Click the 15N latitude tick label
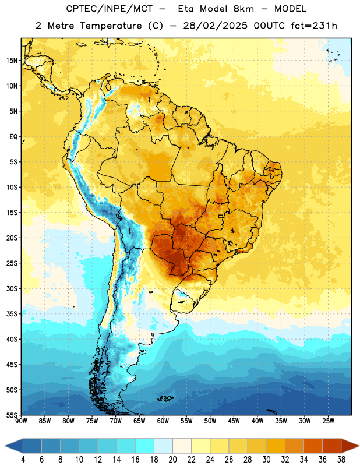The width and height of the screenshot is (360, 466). click(12, 61)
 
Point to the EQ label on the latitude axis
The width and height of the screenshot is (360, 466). click(13, 137)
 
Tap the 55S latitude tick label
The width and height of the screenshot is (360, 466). click(12, 415)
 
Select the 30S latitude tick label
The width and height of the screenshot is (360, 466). click(12, 288)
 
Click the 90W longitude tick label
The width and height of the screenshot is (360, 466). click(22, 421)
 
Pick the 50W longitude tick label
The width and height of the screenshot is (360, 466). click(210, 421)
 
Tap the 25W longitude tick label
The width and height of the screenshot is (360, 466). click(328, 421)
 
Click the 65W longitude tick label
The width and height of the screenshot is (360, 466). click(139, 421)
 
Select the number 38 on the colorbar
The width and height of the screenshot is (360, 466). click(341, 460)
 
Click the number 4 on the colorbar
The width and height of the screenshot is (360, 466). click(23, 460)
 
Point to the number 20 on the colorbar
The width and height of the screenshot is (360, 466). click(172, 460)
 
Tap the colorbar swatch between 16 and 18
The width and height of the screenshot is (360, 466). click(145, 446)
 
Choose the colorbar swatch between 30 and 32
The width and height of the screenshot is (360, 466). click(276, 446)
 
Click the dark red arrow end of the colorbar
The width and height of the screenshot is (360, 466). click(349, 446)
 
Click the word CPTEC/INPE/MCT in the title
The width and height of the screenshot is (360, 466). click(110, 9)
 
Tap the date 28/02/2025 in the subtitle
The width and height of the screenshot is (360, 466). click(215, 26)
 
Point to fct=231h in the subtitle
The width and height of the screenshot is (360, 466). click(314, 26)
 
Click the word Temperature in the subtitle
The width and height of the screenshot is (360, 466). click(111, 26)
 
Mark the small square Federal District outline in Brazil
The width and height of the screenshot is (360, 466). click(221, 216)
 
